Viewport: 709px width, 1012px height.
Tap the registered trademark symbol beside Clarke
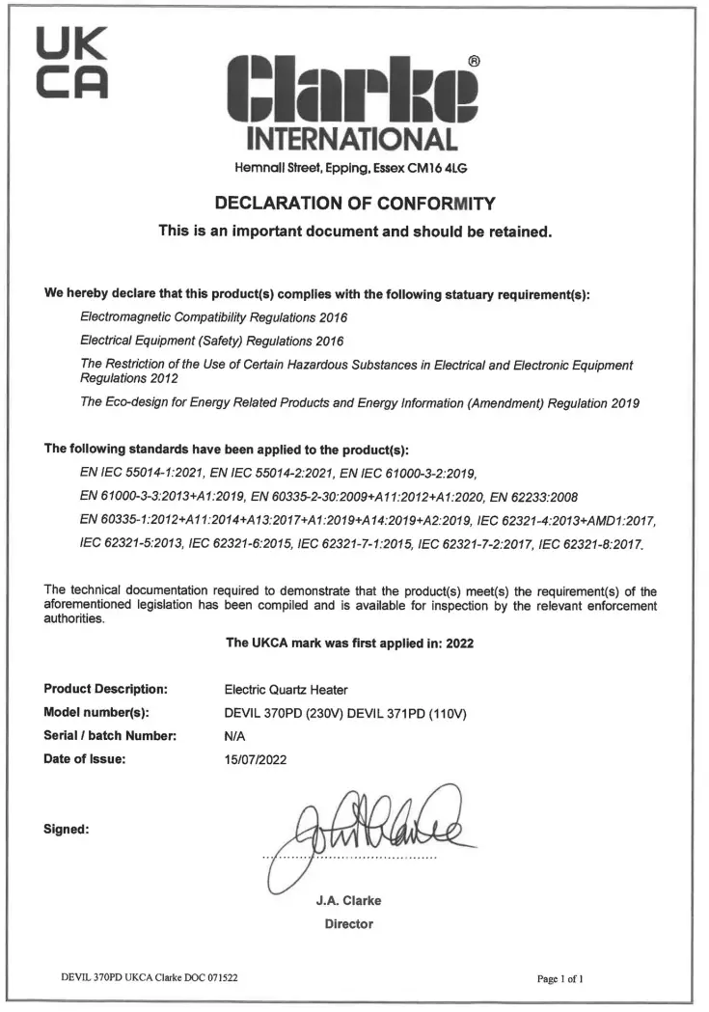coord(474,60)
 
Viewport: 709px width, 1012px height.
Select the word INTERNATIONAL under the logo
coord(352,139)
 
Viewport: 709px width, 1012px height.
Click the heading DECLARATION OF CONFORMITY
coord(354,204)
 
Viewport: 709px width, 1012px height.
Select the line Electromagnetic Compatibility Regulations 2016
coord(214,316)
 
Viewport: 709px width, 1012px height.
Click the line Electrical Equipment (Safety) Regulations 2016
coord(212,341)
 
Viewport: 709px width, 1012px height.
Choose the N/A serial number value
coord(234,736)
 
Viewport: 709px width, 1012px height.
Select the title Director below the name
coord(348,924)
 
